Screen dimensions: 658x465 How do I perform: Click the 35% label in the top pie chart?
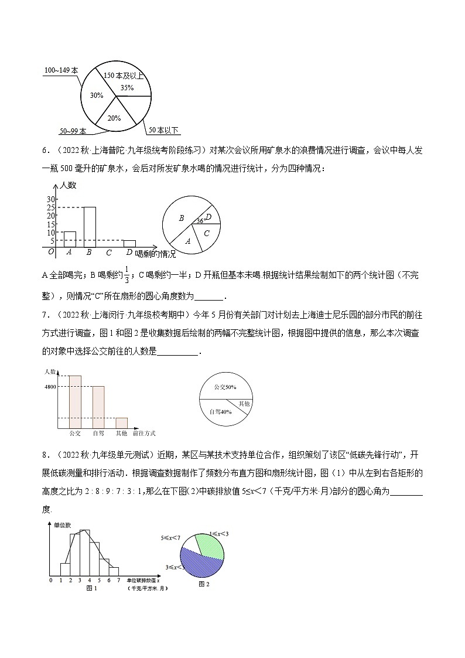click(127, 87)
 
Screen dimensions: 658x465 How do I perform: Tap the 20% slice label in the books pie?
click(114, 118)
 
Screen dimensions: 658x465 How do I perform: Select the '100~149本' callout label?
click(61, 70)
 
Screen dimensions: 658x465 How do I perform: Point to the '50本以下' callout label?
click(163, 129)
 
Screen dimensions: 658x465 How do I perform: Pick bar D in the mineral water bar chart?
click(129, 244)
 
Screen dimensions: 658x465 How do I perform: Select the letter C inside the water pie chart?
click(206, 233)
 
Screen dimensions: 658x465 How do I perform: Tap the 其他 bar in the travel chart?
click(121, 422)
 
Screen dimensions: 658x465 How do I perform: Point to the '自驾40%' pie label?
click(220, 412)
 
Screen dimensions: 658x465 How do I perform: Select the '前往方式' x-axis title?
click(144, 433)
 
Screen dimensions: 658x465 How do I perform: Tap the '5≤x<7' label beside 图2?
click(170, 536)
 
